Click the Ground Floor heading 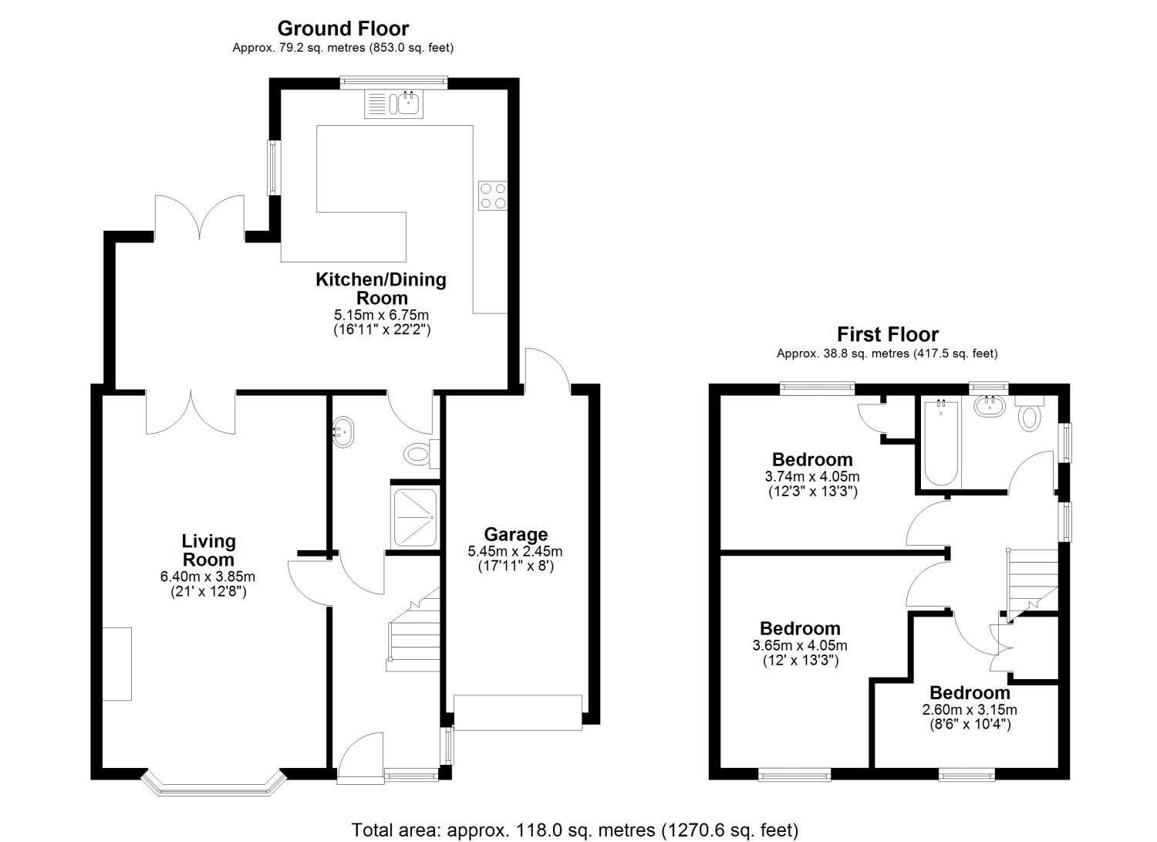(x=343, y=29)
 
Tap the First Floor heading (x=887, y=334)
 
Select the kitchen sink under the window (x=393, y=103)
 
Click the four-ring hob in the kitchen (x=493, y=196)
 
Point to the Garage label (x=515, y=534)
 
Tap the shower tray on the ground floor (x=415, y=518)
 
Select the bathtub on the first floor (x=940, y=444)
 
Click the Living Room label (x=209, y=550)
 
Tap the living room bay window (x=214, y=783)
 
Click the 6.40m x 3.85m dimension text (x=207, y=577)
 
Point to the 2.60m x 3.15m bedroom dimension (x=970, y=710)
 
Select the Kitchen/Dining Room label (x=381, y=289)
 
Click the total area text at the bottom (x=575, y=830)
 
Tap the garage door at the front (x=518, y=713)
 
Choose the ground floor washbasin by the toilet (x=343, y=431)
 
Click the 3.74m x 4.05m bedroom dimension (x=812, y=476)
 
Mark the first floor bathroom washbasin (x=990, y=406)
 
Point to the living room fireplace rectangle (x=116, y=664)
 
